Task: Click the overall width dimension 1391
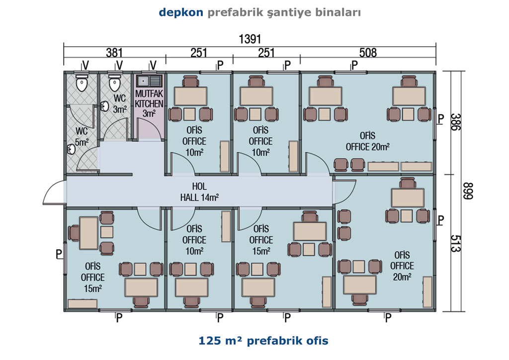tap(250, 39)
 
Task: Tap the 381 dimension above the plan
tap(115, 53)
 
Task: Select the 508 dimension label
tap(368, 53)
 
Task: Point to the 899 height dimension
tap(468, 191)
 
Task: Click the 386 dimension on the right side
tap(455, 122)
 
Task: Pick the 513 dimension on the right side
tap(455, 244)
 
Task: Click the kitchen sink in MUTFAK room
tap(149, 81)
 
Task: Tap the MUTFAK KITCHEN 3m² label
tap(149, 103)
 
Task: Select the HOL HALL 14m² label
tap(199, 191)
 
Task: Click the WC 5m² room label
tap(82, 137)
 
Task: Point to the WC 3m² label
tap(119, 104)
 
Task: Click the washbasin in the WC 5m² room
tap(71, 149)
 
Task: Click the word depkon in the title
tap(181, 12)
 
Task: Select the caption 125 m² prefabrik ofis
tap(263, 341)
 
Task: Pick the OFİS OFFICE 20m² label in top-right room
tap(367, 141)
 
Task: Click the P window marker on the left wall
tap(59, 254)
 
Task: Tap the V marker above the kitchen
tap(153, 65)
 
